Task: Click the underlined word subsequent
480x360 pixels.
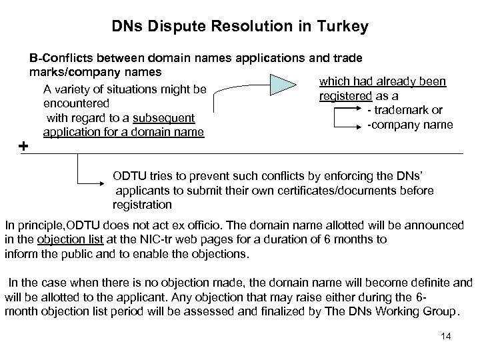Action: [x=163, y=118]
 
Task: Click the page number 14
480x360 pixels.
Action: [x=446, y=336]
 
